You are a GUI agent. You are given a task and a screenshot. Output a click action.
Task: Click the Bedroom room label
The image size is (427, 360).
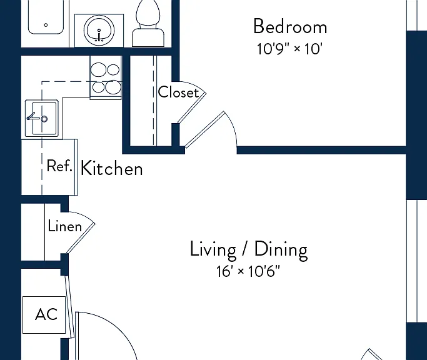pos(290,27)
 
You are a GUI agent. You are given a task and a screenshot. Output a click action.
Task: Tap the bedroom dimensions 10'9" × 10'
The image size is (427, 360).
pos(289,49)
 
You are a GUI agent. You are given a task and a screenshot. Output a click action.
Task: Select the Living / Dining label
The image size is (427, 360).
pos(249,249)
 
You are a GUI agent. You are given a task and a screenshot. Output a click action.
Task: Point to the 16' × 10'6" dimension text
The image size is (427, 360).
pos(248,271)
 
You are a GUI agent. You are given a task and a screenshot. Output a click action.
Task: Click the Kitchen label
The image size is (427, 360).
pos(112,168)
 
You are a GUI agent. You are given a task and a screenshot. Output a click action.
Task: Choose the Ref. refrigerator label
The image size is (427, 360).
pos(59,166)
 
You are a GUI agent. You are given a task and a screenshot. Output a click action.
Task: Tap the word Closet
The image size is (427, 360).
pos(178,92)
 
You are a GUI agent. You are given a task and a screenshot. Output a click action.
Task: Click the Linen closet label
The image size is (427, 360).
pos(65,226)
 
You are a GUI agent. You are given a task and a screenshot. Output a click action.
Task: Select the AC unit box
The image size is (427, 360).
pos(44,315)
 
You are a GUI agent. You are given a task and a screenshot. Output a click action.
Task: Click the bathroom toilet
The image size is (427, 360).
pos(148,24)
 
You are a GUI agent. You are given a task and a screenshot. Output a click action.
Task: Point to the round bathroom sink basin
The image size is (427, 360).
pos(99,31)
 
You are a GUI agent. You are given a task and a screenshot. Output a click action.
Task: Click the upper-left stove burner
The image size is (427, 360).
pos(98,69)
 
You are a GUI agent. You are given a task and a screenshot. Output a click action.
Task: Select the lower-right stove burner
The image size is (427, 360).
pos(113,87)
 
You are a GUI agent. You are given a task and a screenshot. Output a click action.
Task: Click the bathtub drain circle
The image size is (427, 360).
pos(46,25)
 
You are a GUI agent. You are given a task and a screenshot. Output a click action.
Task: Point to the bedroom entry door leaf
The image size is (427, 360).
pos(204,129)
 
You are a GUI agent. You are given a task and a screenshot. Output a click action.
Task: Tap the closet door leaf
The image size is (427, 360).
pos(192,107)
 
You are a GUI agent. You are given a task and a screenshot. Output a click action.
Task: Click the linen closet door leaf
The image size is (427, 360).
pos(81,238)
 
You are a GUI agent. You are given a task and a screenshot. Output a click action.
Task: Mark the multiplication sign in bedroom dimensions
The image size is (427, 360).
pos(298,49)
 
